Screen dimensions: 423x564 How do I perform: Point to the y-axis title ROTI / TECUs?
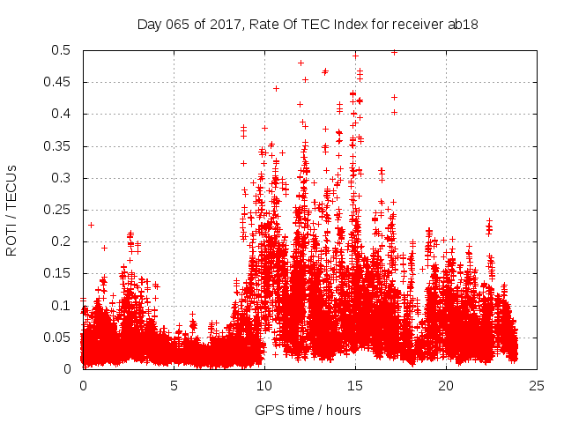[x=11, y=210]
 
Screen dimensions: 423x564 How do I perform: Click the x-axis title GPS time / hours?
[x=308, y=410]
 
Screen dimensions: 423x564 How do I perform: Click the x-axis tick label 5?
[x=174, y=385]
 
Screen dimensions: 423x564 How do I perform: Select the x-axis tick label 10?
[x=264, y=385]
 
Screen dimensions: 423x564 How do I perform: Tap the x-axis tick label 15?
[x=355, y=385]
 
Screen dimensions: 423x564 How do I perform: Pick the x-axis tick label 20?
[x=446, y=385]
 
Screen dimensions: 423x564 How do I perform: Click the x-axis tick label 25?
[x=537, y=385]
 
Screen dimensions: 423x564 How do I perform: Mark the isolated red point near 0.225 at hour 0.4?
[x=90, y=225]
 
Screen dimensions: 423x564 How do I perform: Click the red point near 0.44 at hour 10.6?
[x=276, y=88]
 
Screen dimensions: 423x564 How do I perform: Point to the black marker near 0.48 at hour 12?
[x=301, y=63]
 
